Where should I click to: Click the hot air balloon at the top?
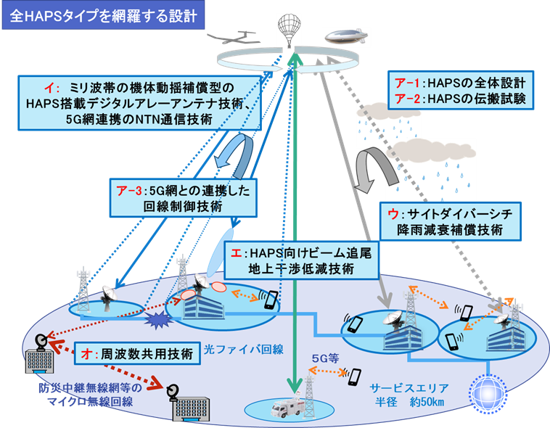pos(290,30)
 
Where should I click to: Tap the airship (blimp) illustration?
pos(345,36)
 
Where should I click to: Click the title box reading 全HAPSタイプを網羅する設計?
pos(103,15)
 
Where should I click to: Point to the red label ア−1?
pos(407,83)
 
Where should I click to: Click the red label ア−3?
pos(129,191)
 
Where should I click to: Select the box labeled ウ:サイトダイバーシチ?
pos(451,221)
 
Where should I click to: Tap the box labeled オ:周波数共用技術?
pos(137,353)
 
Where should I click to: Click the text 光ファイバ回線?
pos(244,350)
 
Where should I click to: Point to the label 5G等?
pos(325,358)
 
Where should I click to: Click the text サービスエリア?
pos(409,388)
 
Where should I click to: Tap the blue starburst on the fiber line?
pos(159,319)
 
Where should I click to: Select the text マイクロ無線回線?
pos(90,401)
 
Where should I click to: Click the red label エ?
pos(237,252)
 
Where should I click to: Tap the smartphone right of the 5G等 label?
pos(356,377)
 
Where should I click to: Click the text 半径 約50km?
pos(409,401)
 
